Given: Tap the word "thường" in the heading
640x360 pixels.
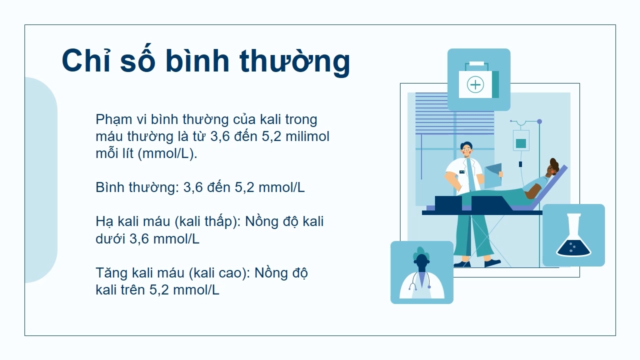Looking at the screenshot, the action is coord(295,61).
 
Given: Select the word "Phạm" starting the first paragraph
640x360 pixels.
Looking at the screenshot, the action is coord(113,120).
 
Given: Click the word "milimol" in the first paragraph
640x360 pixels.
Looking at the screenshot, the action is coord(307,136).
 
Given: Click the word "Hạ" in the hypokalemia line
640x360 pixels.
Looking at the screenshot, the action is coord(104,222).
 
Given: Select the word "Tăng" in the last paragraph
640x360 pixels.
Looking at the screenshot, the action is coord(111,273).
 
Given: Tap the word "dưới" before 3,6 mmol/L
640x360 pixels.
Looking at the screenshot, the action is coord(110,238).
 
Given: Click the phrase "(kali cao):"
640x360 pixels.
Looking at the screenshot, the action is coord(219,273).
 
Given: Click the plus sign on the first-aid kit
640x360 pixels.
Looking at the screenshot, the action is coord(475,84).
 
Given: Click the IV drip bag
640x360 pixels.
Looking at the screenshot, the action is coord(521,140).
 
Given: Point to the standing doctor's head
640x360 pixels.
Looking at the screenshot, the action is coord(466,150).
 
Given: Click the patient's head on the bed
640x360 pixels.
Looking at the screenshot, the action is coord(552,168).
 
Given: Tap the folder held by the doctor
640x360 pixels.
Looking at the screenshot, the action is coord(493,175).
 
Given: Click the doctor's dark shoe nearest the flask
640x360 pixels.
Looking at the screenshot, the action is coord(492,263).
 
